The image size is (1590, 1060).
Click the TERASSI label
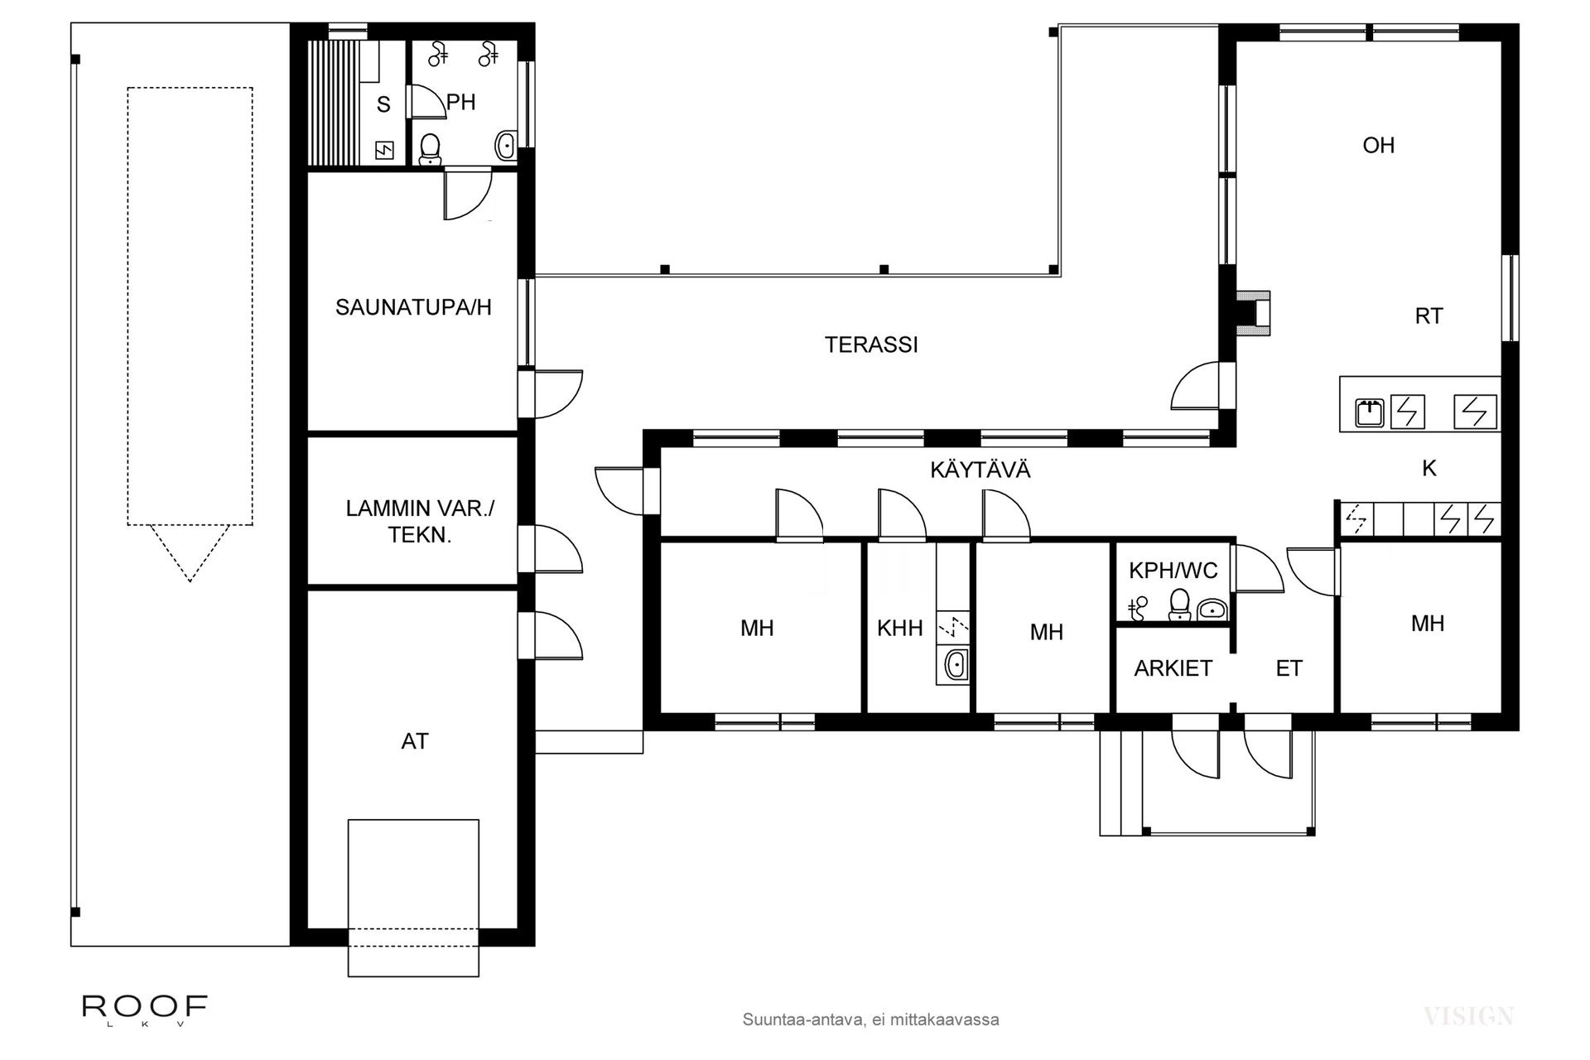click(871, 344)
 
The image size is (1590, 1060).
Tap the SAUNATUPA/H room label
click(412, 307)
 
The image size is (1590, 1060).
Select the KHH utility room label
click(899, 628)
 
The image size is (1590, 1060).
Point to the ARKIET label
click(1173, 668)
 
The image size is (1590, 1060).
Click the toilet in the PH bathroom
click(429, 149)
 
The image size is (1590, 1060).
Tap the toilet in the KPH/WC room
click(1178, 605)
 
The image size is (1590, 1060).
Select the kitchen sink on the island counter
click(1369, 412)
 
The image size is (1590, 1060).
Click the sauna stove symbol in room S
click(385, 151)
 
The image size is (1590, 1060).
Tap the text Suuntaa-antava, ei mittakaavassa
click(870, 1019)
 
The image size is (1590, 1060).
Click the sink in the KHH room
click(955, 664)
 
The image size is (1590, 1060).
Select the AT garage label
click(414, 741)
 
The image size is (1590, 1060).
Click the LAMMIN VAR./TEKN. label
click(419, 522)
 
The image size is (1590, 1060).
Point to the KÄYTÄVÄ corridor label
click(980, 470)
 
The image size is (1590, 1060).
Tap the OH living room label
click(1378, 146)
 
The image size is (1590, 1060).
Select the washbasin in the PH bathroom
click(505, 147)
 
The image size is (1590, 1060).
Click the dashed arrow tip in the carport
click(190, 580)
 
